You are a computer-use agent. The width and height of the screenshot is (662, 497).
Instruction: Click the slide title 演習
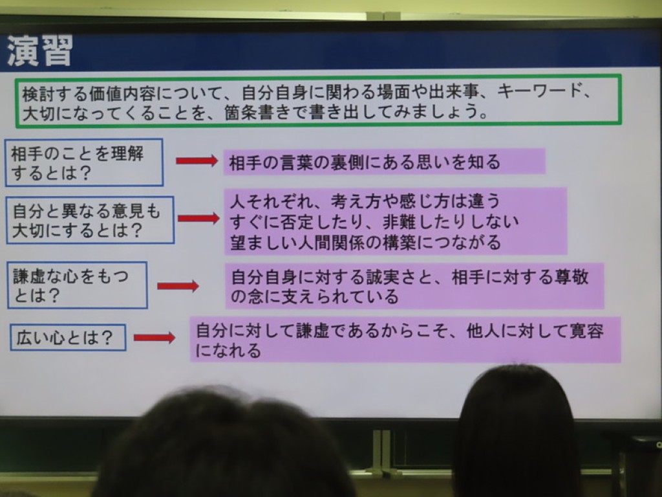point(39,50)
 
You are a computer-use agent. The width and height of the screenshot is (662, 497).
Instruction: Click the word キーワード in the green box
point(540,91)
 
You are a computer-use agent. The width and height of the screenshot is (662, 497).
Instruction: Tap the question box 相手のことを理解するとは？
point(84,162)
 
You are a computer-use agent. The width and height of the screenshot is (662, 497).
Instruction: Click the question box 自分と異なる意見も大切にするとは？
point(90,220)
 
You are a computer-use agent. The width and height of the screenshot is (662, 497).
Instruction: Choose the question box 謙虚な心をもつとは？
point(78,285)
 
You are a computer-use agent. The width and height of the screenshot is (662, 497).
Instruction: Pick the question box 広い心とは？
point(68,337)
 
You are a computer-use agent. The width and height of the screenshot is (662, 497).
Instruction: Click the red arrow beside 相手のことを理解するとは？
point(197,160)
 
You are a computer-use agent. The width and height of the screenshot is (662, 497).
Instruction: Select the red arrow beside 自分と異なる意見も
point(198,218)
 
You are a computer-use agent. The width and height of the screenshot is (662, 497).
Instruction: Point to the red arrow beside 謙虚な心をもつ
point(178,286)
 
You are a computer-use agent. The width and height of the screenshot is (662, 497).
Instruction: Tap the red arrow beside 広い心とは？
point(154,337)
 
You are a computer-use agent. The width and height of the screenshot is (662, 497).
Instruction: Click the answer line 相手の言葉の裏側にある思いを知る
point(365,162)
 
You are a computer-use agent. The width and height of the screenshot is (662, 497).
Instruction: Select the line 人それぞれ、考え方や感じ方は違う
point(365,201)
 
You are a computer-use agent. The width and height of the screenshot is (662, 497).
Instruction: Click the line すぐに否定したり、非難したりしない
point(374,221)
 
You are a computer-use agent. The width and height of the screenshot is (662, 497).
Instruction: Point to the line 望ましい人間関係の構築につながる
point(365,242)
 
